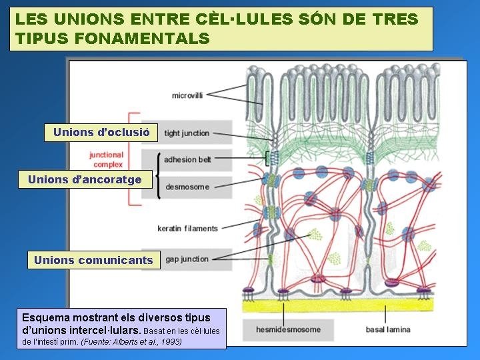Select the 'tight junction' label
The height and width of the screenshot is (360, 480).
click(x=187, y=133)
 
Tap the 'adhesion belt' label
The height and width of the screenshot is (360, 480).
click(x=187, y=160)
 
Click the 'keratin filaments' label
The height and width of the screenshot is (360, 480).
click(x=187, y=229)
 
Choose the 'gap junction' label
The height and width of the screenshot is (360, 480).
click(x=187, y=259)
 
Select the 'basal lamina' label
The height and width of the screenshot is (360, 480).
click(x=388, y=329)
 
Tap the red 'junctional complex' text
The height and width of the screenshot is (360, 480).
click(x=106, y=159)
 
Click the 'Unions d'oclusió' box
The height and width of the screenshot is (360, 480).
click(x=101, y=132)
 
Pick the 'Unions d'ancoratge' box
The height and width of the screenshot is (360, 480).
click(x=85, y=179)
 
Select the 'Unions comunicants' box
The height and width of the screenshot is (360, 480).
click(x=93, y=260)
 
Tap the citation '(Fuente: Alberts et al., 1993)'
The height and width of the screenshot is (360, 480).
click(x=131, y=342)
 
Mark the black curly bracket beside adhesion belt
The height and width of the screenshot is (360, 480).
click(x=158, y=175)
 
